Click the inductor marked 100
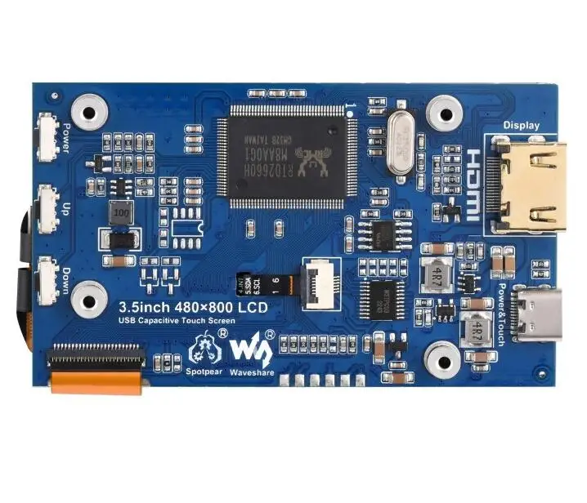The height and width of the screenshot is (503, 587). (x=121, y=211)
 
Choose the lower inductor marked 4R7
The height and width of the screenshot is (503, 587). (x=473, y=331)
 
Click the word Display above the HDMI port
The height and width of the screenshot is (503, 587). (x=521, y=125)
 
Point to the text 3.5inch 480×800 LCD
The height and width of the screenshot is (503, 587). (x=192, y=308)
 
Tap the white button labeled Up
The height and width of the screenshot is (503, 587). (x=47, y=204)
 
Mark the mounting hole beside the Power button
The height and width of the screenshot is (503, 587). (x=86, y=109)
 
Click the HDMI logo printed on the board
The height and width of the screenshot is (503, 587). (x=473, y=184)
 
